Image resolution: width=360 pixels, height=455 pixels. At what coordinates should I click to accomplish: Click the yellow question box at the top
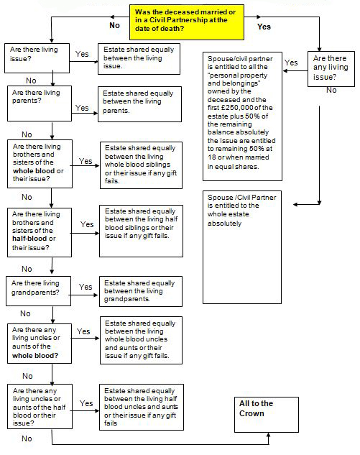pos(187,22)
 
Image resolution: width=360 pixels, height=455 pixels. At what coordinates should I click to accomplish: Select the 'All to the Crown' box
pos(267,415)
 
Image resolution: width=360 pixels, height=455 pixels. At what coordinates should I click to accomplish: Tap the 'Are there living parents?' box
pos(40,104)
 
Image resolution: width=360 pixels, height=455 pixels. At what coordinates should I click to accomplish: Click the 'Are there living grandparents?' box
pos(38,291)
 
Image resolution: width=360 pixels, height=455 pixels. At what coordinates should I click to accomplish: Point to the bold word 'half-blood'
pos(29,239)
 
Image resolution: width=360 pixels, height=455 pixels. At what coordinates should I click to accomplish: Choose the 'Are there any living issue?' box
pos(331,69)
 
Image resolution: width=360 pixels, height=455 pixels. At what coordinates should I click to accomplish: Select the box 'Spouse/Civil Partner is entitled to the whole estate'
pos(242,247)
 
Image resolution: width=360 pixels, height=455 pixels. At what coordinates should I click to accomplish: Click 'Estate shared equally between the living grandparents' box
pos(141,291)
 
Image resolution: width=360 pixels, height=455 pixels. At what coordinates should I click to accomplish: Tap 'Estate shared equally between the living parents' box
pos(140,104)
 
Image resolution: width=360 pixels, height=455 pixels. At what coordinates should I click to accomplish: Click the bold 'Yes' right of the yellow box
pos(264,27)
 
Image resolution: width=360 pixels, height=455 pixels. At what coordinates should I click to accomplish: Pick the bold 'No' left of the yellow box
pos(114,26)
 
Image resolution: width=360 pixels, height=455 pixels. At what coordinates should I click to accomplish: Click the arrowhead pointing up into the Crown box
pos(268,435)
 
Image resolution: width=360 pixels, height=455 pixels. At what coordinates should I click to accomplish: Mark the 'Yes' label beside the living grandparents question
pos(86,287)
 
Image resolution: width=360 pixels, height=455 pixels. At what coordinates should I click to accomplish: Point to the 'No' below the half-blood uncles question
pos(27,438)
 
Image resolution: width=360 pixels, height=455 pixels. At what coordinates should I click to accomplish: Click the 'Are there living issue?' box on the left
pos(37,58)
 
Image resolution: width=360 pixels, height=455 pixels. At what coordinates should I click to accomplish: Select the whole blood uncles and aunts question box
pos(40,344)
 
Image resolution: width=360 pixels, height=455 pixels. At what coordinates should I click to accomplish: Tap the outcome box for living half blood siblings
pos(141,231)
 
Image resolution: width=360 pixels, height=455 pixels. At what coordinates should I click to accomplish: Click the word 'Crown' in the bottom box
pos(251,413)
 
